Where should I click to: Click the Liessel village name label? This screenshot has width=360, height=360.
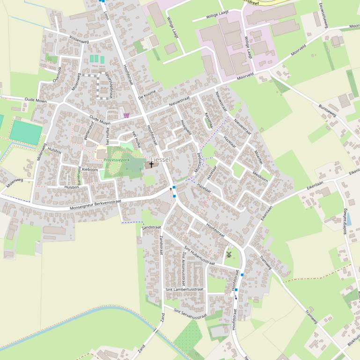point(161,159)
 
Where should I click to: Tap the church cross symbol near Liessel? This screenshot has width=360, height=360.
point(151,165)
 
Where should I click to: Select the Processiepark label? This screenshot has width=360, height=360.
point(117,160)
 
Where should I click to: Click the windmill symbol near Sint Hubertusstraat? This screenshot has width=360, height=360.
point(229,254)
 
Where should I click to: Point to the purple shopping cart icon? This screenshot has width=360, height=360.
point(126,115)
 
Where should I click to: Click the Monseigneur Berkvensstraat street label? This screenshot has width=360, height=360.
point(95,204)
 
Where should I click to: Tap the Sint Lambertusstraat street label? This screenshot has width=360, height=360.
point(184,289)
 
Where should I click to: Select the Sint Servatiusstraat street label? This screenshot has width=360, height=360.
point(190,314)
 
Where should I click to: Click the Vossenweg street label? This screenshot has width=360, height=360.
point(78,40)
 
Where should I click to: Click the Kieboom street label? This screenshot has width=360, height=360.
point(90,169)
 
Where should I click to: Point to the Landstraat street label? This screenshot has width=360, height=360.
point(151,227)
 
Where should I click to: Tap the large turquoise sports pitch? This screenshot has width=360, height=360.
point(25,132)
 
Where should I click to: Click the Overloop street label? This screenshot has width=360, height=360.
point(57,74)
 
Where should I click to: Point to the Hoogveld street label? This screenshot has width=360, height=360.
point(186,127)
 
